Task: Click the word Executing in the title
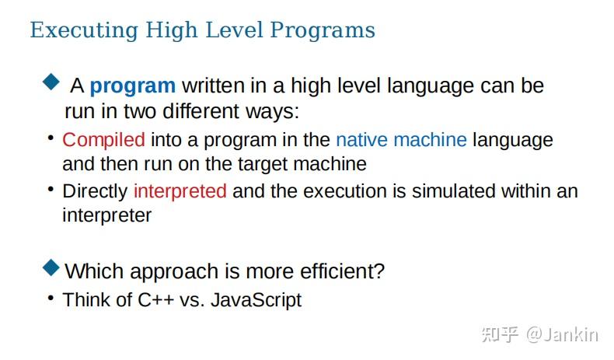[84, 30]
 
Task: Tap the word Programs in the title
[323, 30]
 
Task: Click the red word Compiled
[104, 140]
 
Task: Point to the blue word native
[362, 140]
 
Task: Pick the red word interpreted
[180, 192]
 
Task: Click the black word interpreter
[107, 216]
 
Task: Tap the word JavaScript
[256, 301]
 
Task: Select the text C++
[156, 300]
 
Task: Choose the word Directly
[95, 192]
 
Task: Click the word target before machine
[263, 165]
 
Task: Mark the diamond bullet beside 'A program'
[51, 82]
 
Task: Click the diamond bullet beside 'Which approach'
[51, 268]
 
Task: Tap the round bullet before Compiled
[51, 138]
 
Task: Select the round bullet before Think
[51, 298]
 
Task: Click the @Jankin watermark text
[562, 335]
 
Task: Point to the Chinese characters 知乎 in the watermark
[500, 335]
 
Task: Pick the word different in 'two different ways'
[201, 111]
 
